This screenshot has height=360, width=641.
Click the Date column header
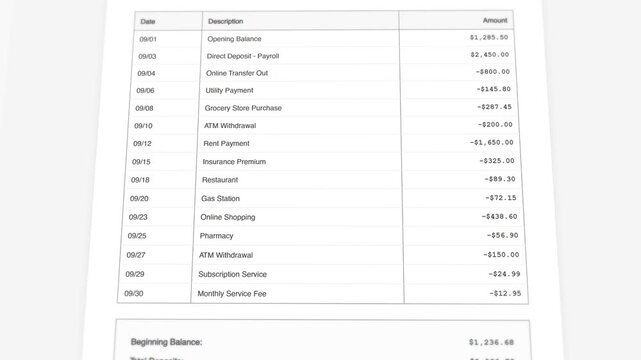coord(148,20)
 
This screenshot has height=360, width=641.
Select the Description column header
coord(225,21)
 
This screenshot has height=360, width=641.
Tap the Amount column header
coord(495,20)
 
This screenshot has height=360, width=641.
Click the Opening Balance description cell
coord(234,38)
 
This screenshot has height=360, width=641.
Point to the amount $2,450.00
coord(489,55)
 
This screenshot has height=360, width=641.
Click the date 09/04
coord(146,73)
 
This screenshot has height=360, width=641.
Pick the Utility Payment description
coord(229,90)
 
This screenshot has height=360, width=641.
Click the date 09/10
coord(143,125)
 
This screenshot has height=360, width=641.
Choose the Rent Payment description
coord(227,143)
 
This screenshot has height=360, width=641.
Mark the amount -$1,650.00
coord(491,143)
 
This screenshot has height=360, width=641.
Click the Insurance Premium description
coord(234,161)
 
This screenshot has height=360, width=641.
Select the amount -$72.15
coord(497,198)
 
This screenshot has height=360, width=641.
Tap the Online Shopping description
coord(228,217)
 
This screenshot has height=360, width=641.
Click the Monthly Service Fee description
coord(233,293)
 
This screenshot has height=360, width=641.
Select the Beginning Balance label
coord(165,341)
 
